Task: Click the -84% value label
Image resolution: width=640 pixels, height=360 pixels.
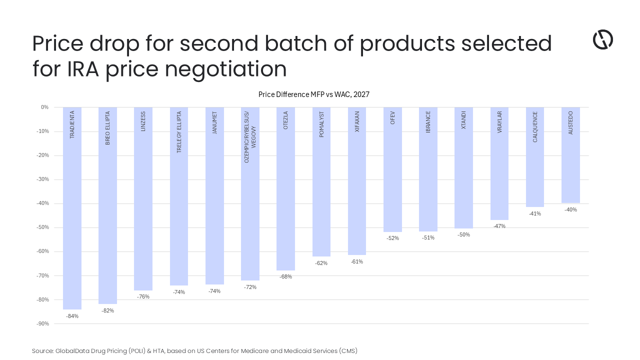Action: pos(72,316)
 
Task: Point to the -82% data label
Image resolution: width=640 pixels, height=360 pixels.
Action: pos(107,310)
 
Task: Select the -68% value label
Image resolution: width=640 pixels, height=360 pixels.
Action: pos(285,276)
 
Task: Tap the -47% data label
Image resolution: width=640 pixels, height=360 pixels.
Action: pos(499,226)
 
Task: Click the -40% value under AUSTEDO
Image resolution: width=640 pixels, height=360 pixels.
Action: pos(570,209)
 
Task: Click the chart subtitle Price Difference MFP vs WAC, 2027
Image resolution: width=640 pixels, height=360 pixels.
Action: pos(313,94)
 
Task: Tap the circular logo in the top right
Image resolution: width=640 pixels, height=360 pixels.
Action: pos(602,39)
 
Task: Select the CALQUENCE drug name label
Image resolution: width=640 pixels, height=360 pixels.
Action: pos(535,127)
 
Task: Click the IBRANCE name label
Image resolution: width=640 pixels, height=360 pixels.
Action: pos(428,122)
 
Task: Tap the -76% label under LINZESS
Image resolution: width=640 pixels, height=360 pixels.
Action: pos(143,296)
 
